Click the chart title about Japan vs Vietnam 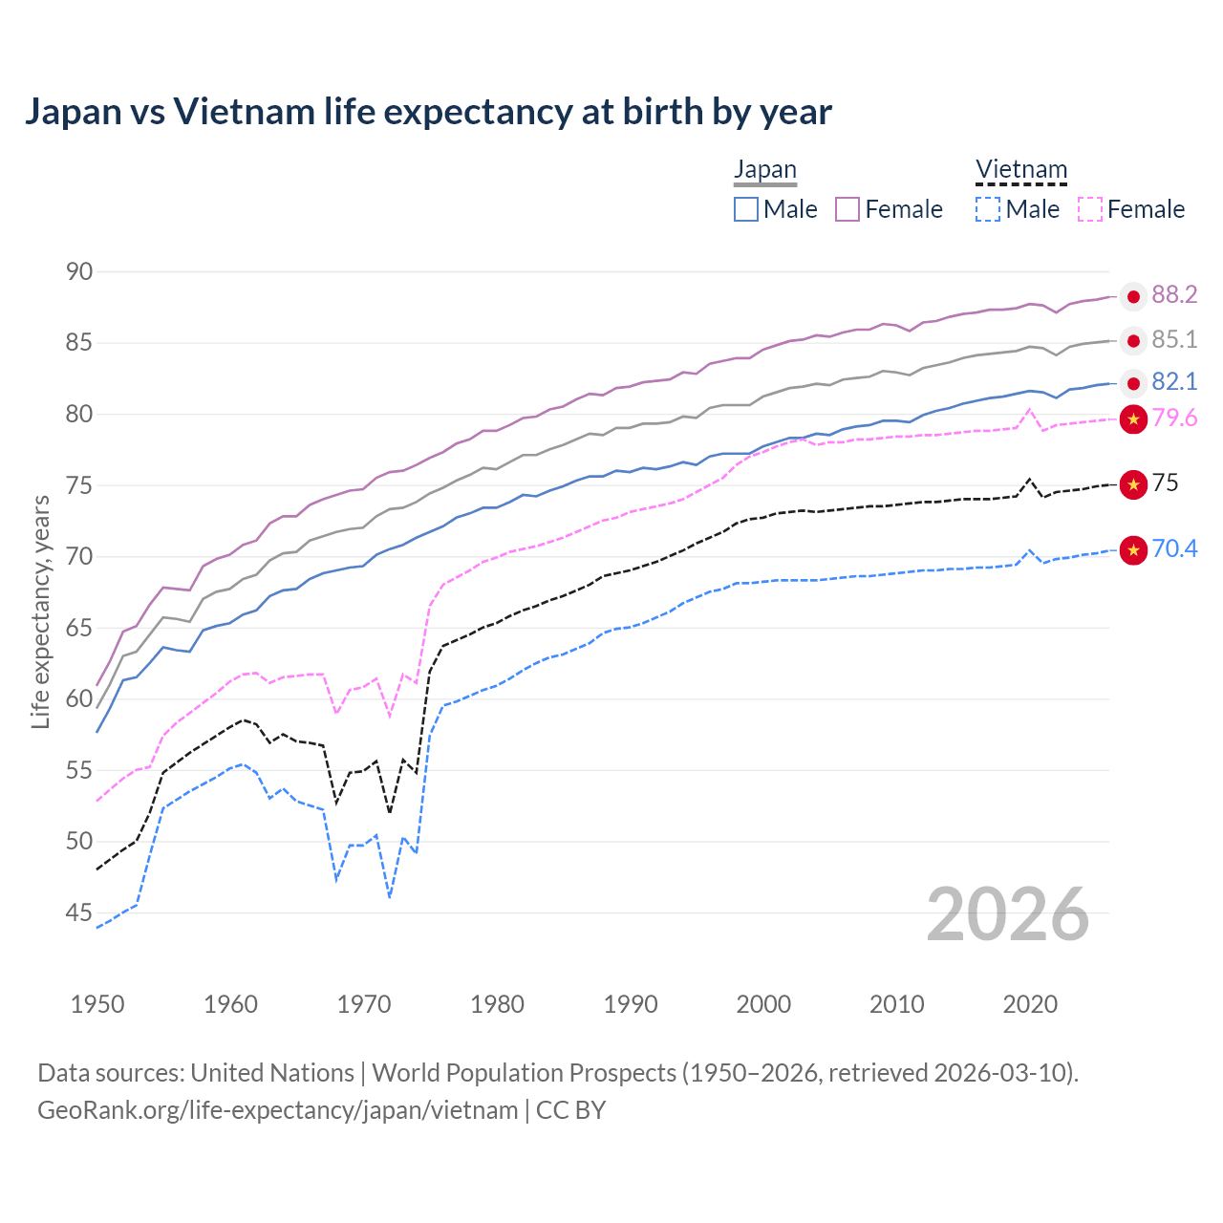[428, 112]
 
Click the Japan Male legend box [746, 209]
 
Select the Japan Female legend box [848, 209]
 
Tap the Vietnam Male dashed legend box [988, 209]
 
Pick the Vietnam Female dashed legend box [1090, 209]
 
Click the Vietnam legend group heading [1020, 170]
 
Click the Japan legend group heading [764, 170]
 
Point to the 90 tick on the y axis [79, 271]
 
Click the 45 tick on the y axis [79, 913]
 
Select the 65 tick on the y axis [79, 628]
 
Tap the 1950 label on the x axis [97, 1004]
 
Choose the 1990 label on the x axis [631, 1004]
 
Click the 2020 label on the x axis [1030, 1004]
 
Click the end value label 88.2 [1174, 295]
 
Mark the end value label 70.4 [1174, 548]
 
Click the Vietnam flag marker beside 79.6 [1133, 418]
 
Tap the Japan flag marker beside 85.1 [1133, 340]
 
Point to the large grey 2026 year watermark [1008, 915]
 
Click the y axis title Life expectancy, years [40, 611]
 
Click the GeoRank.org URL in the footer [277, 1110]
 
